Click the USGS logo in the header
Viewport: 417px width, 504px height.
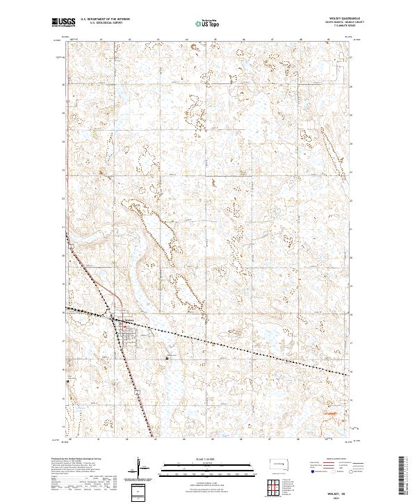pos(64,22)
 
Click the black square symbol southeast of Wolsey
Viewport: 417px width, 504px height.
pos(167,357)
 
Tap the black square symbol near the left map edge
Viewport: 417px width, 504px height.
pos(67,381)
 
